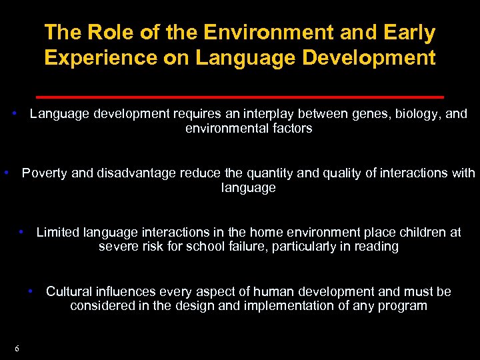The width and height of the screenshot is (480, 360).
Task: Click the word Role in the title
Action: [103, 32]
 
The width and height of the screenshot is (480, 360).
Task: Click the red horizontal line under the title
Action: [239, 97]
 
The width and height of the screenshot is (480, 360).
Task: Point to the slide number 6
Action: [17, 349]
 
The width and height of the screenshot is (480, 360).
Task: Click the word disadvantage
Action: [137, 173]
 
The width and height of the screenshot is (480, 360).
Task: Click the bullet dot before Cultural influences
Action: [31, 291]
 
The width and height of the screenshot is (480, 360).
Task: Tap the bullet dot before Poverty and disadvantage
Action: [6, 172]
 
